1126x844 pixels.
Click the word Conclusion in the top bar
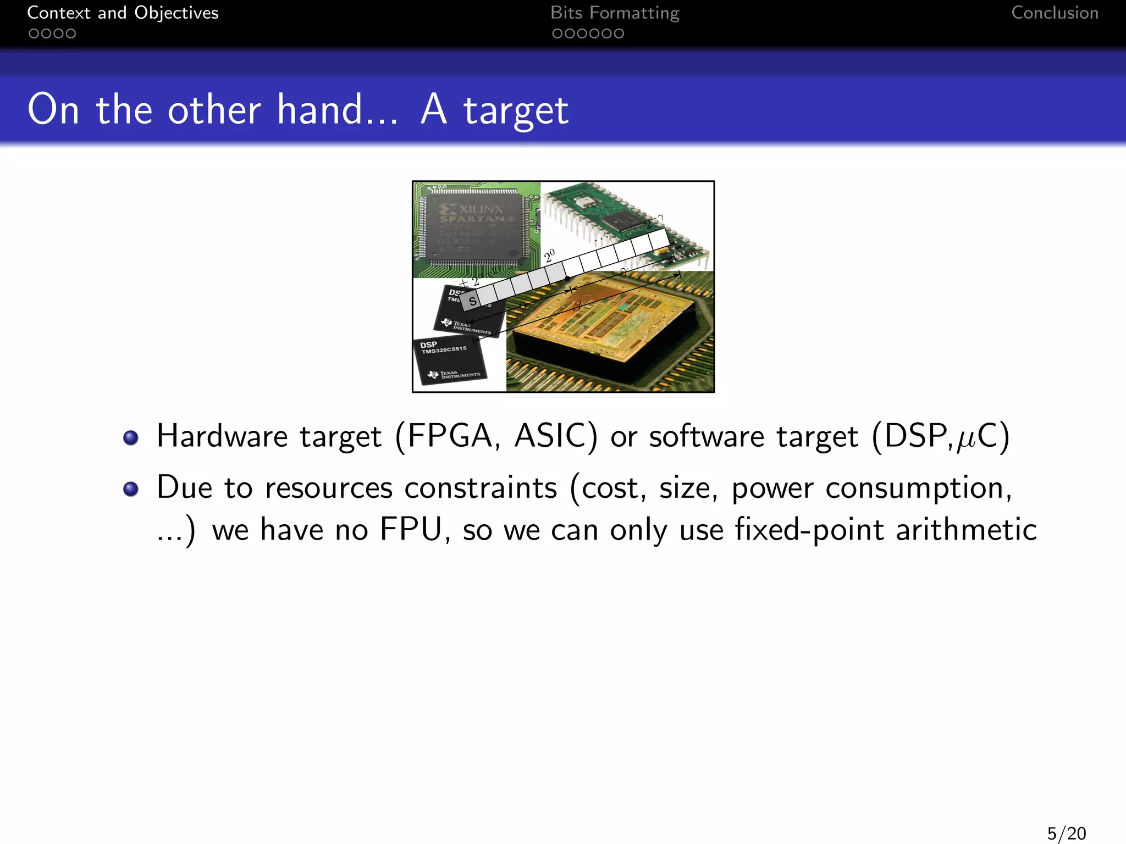1055,13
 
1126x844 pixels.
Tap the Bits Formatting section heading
615,13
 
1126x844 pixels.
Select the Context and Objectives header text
123,13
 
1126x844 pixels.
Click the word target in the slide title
516,111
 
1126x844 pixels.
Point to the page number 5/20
1066,833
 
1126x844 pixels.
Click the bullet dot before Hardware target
131,437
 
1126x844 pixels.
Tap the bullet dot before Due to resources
131,488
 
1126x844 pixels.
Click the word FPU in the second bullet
411,530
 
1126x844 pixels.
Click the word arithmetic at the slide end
966,530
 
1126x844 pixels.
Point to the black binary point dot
568,279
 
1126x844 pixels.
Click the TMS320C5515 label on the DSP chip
444,349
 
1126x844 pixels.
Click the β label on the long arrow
577,307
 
